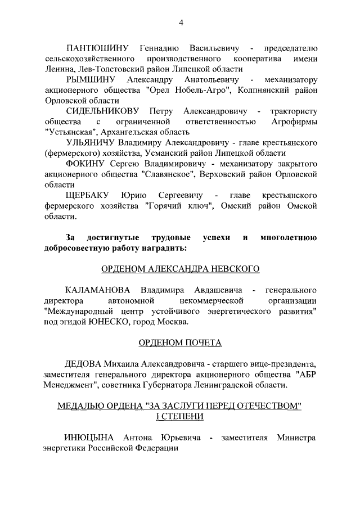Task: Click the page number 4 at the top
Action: [181, 22]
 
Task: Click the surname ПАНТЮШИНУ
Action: [98, 46]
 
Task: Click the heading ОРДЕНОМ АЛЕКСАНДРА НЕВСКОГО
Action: [180, 269]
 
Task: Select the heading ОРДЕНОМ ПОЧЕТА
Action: [180, 343]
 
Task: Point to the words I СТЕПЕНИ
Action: [180, 417]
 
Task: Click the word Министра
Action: [296, 438]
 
